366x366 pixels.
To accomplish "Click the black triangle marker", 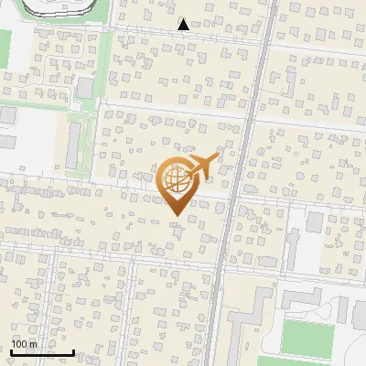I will (x=184, y=25).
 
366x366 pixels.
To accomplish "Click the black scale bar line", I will (x=42, y=353).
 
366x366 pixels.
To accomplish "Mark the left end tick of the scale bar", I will (x=11, y=351).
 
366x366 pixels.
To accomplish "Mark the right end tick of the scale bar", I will (x=73, y=351).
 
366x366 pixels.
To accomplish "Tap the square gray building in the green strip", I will (x=84, y=88).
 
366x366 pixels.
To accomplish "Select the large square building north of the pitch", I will (x=315, y=222).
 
